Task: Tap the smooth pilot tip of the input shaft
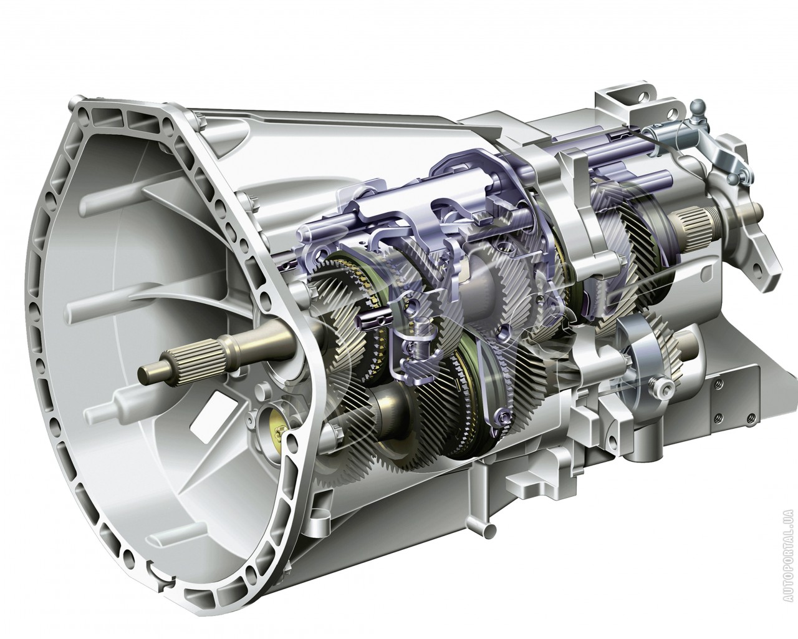tap(151, 371)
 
